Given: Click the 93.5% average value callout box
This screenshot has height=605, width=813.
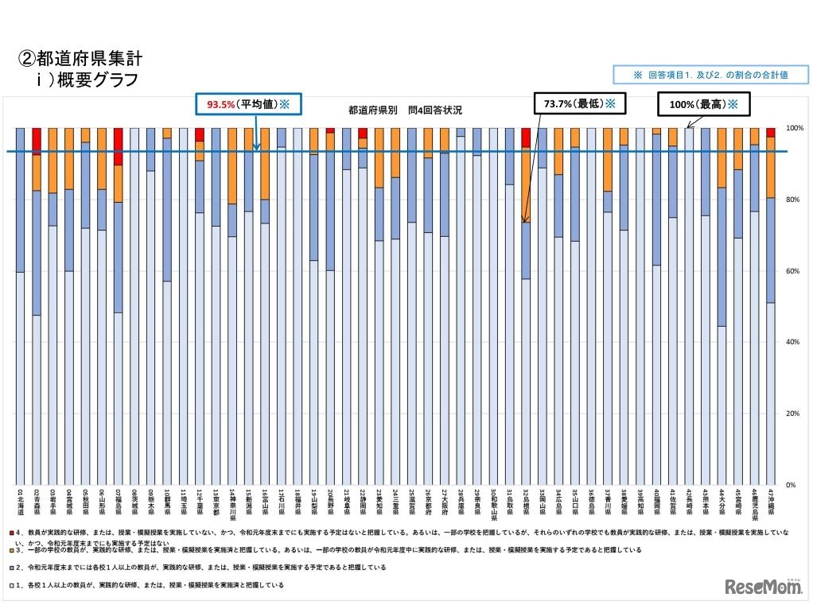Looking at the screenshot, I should tap(248, 105).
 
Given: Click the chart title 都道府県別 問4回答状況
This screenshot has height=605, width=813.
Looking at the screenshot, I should tap(405, 111).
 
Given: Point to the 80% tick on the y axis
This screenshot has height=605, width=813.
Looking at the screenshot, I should tap(794, 200).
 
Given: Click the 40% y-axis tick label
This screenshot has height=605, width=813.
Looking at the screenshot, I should tap(794, 342).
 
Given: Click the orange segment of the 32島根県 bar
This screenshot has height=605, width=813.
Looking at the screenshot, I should tap(526, 184).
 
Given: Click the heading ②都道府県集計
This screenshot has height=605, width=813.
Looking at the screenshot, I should tap(80, 59).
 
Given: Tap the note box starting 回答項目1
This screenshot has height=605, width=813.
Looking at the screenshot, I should tap(710, 74).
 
